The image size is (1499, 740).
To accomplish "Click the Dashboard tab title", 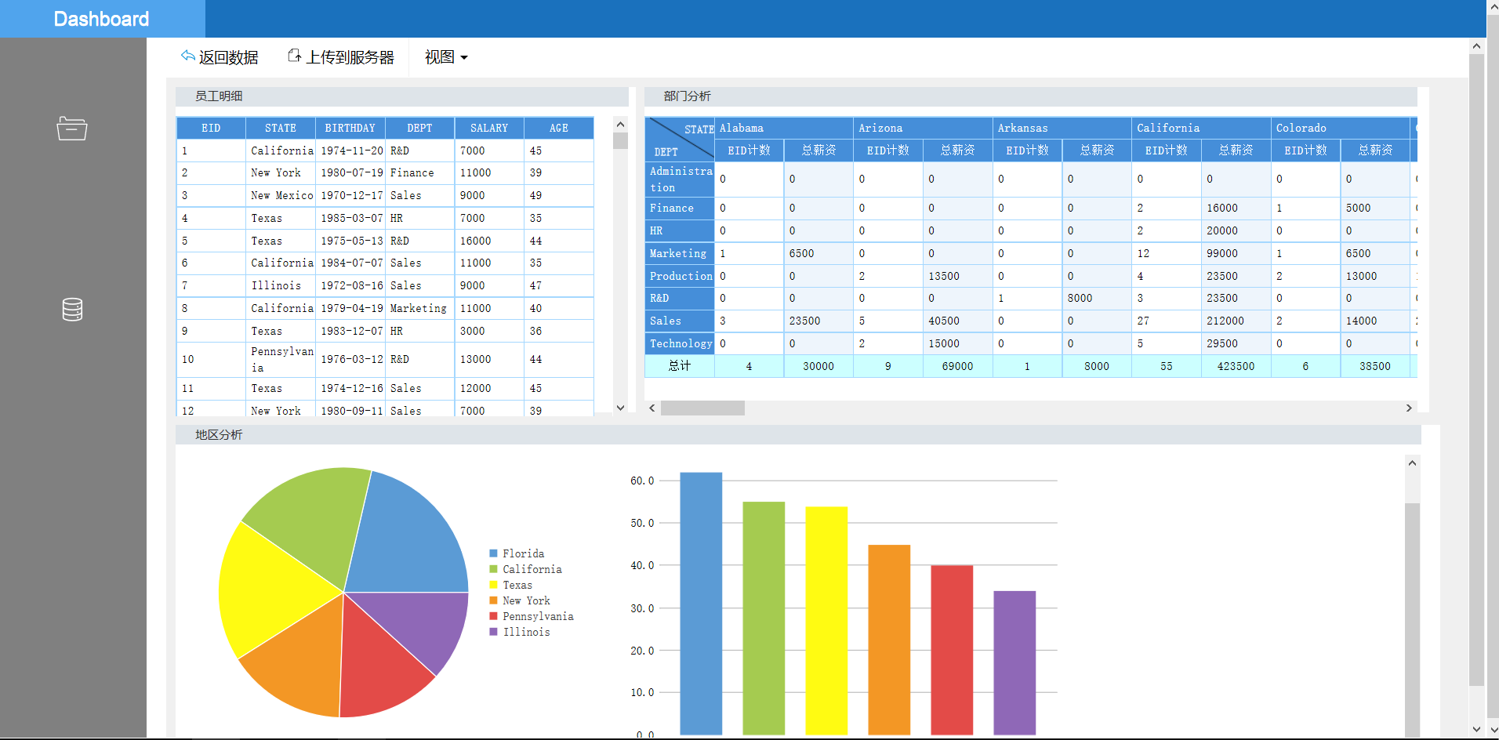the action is click(x=101, y=19).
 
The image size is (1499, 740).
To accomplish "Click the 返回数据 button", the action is click(x=220, y=57).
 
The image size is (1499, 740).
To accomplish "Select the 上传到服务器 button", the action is click(x=341, y=57).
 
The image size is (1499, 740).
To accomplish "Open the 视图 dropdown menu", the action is click(x=446, y=57).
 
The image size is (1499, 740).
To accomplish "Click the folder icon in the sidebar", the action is click(x=72, y=128).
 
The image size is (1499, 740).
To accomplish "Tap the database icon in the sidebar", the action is click(x=72, y=310).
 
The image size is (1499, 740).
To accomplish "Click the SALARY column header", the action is click(x=489, y=128).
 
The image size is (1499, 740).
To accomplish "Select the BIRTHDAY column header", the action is click(x=350, y=128).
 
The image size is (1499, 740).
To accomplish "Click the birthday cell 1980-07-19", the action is click(x=352, y=172).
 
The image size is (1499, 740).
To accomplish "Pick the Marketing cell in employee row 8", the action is click(x=419, y=308).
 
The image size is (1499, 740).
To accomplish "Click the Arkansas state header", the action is click(x=1022, y=128).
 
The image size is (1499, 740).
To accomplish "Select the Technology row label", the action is click(x=681, y=343).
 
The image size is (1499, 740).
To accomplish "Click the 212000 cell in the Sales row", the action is click(x=1225, y=321).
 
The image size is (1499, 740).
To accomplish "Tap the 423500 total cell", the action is click(x=1236, y=366).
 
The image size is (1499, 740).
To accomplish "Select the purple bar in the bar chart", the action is click(x=1014, y=663).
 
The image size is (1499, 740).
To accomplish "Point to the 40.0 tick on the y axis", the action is click(x=642, y=565).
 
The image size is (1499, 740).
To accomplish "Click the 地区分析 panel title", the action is click(x=219, y=434).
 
